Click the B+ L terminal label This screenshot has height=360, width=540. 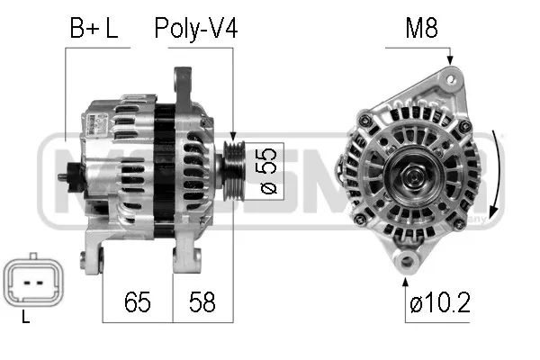94,28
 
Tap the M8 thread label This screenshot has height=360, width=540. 420,28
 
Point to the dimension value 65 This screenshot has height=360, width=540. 137,301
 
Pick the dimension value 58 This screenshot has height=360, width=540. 202,301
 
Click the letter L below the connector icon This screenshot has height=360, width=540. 25,317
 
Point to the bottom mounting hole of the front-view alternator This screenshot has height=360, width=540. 408,262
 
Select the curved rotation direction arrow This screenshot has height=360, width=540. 496,171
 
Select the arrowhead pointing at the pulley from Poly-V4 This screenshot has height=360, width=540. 233,136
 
